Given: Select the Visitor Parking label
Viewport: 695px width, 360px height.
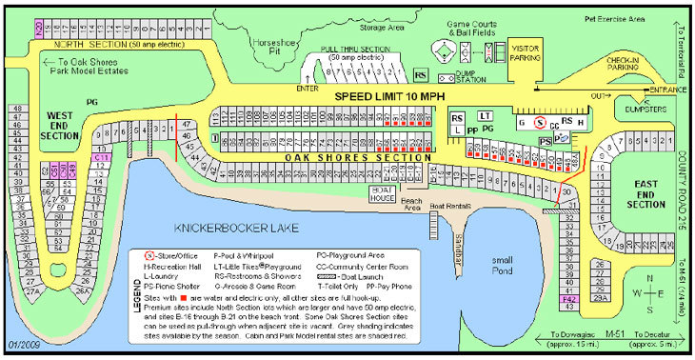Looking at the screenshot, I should point(525,52).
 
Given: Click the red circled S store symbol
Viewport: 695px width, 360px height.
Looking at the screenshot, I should point(539,123).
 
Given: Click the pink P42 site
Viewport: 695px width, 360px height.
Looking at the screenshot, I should point(568,299).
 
